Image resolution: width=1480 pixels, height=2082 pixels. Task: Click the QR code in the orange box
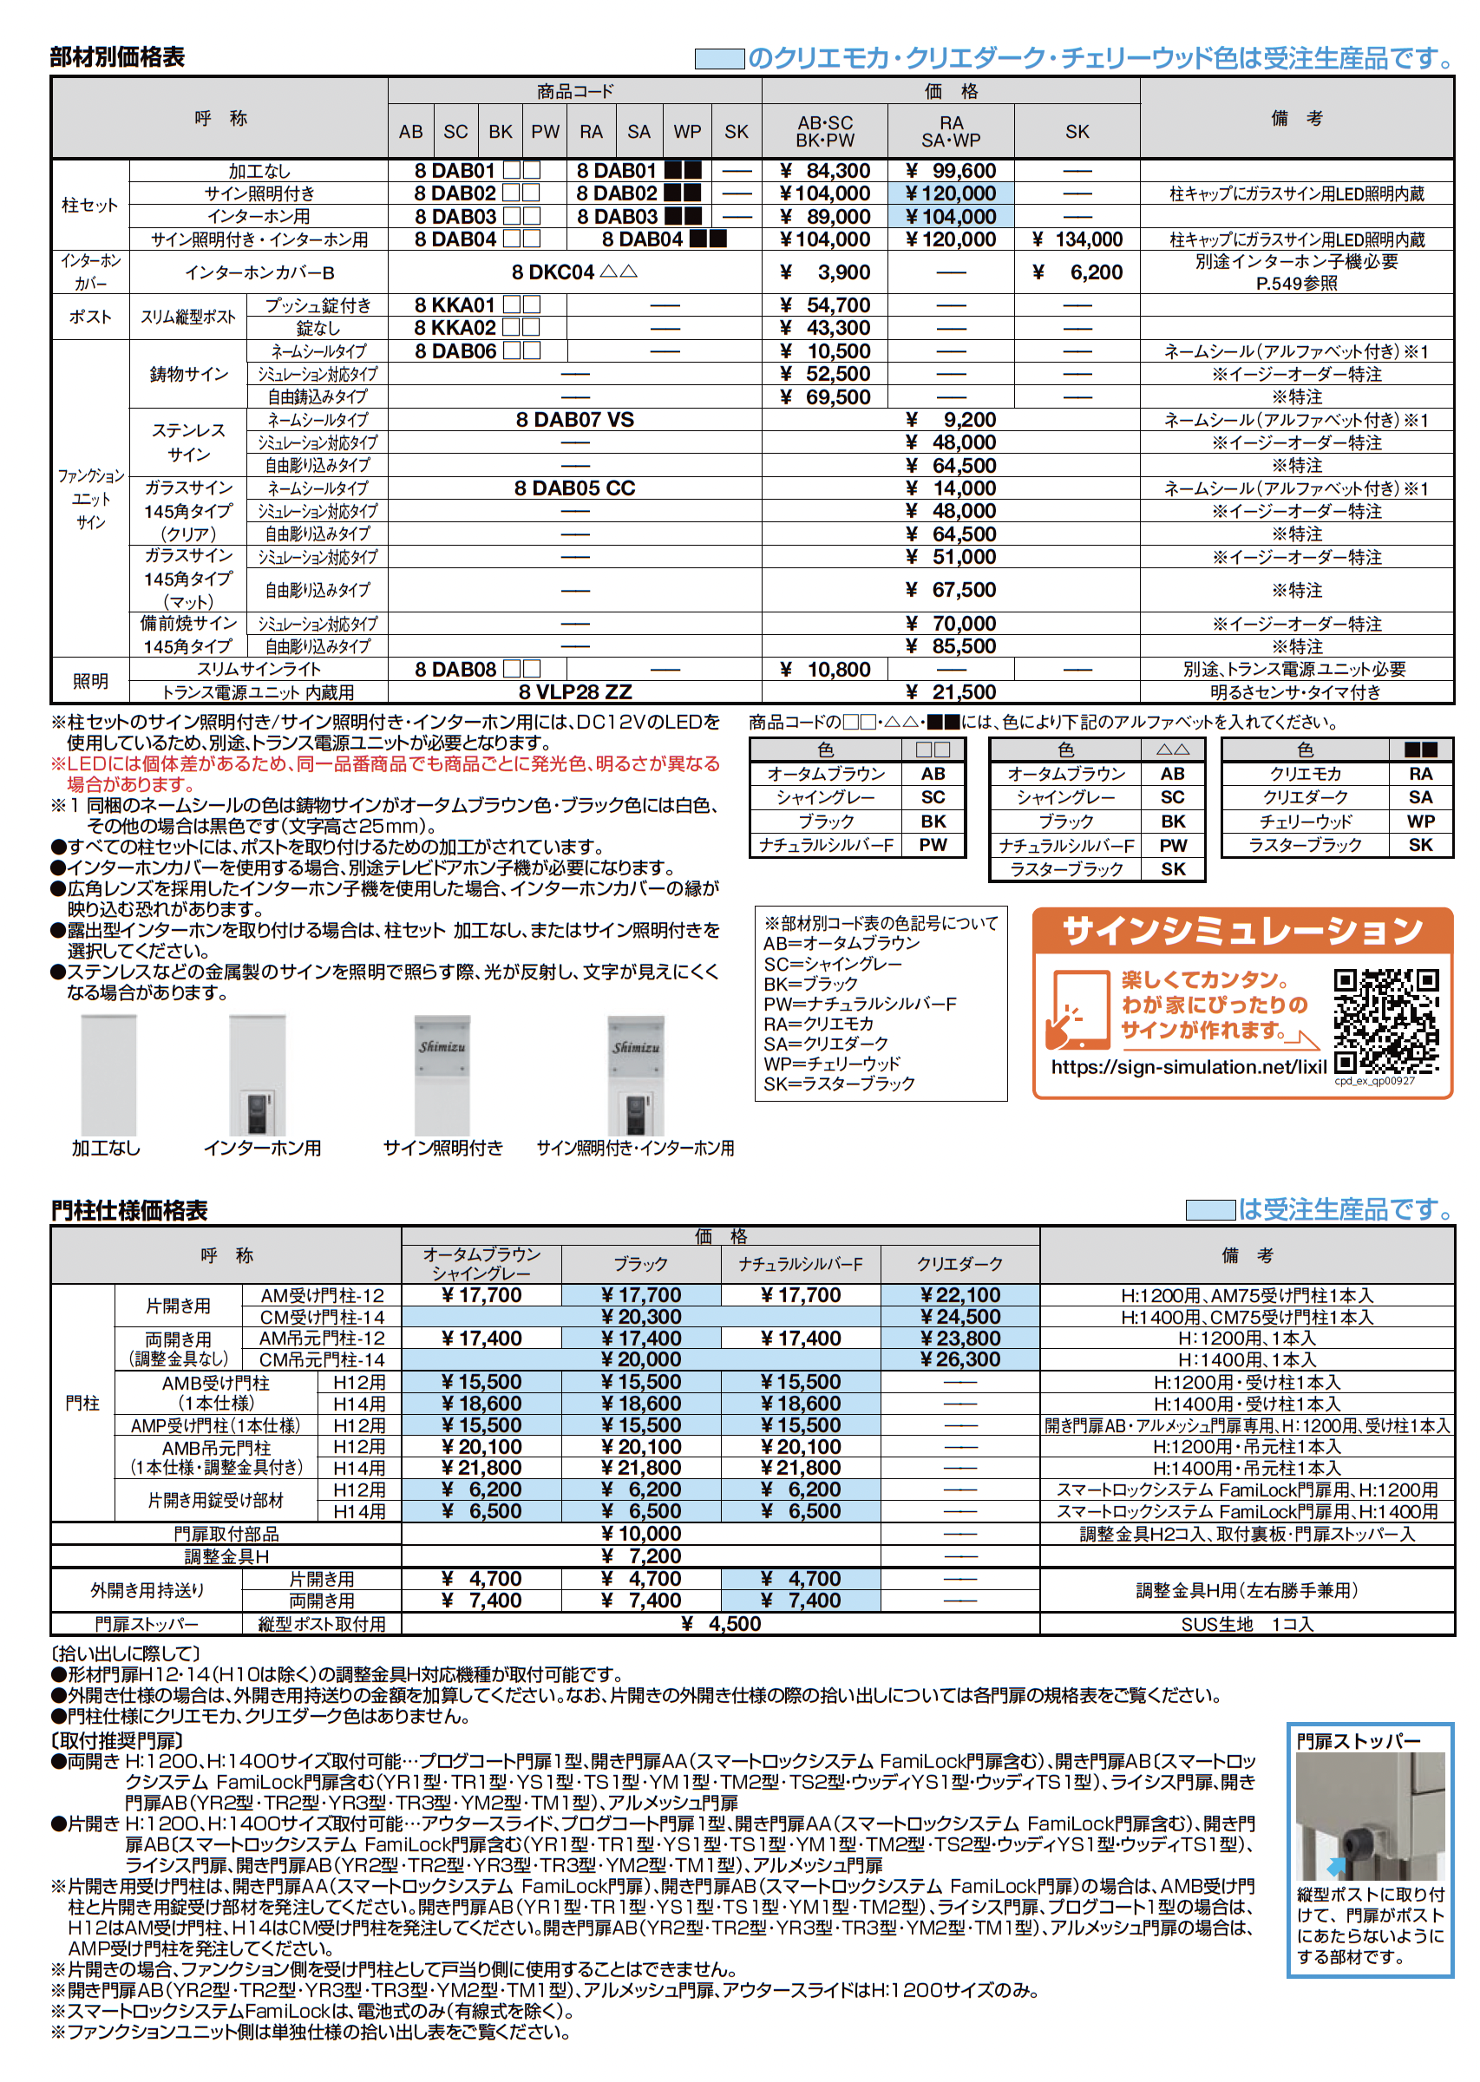pyautogui.click(x=1386, y=1021)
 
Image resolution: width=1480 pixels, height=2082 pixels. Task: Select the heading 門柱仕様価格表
pyautogui.click(x=129, y=1210)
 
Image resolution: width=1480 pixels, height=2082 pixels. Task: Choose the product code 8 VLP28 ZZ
pyautogui.click(x=575, y=692)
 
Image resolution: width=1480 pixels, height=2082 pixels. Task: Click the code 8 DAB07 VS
pyautogui.click(x=575, y=420)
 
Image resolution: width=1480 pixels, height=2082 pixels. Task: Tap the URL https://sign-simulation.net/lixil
pyautogui.click(x=1189, y=1067)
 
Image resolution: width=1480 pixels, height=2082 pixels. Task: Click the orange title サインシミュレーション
pyautogui.click(x=1242, y=931)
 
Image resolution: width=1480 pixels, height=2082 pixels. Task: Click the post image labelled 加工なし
pyautogui.click(x=108, y=1075)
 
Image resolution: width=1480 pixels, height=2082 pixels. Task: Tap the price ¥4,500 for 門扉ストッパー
pyautogui.click(x=720, y=1624)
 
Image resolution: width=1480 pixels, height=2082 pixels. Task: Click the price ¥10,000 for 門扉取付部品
pyautogui.click(x=640, y=1535)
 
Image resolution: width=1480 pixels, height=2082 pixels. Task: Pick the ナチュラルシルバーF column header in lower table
pyautogui.click(x=800, y=1264)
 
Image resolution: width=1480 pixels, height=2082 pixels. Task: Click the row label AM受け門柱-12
pyautogui.click(x=322, y=1296)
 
